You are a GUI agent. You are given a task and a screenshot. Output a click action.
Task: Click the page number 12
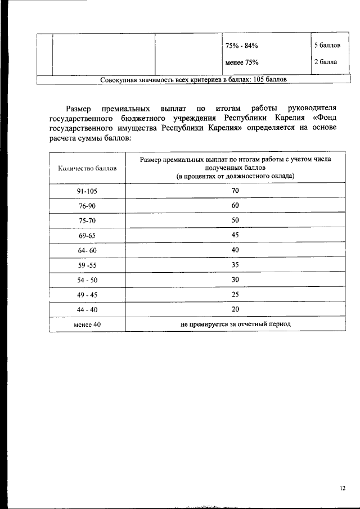(x=343, y=488)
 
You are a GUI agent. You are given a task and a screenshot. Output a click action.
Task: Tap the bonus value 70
(x=235, y=191)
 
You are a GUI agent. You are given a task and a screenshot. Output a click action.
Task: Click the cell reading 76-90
(x=87, y=206)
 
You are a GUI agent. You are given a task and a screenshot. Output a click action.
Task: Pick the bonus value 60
(x=235, y=206)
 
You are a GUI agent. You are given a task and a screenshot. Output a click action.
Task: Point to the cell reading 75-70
(x=87, y=221)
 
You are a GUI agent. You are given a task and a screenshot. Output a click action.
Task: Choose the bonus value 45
(x=235, y=235)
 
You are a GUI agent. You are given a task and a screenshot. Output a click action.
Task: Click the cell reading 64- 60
(x=87, y=250)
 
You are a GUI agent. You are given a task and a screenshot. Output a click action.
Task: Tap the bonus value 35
(x=235, y=264)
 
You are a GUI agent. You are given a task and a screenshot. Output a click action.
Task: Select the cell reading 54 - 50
(x=87, y=280)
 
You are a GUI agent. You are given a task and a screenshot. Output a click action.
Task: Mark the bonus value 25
(x=235, y=294)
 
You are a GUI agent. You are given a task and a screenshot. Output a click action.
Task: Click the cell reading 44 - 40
(x=87, y=309)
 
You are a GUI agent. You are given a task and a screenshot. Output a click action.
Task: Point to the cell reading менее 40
(x=87, y=324)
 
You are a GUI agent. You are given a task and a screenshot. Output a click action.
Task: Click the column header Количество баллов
(x=87, y=168)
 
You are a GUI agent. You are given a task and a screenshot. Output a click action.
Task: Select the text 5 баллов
(x=327, y=44)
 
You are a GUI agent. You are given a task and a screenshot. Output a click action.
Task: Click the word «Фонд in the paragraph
(x=323, y=118)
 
